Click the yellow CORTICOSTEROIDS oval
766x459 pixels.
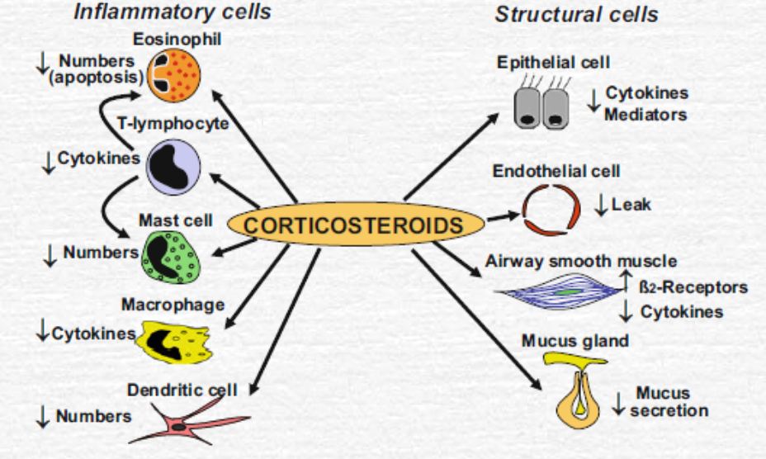(x=354, y=225)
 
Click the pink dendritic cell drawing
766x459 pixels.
(x=186, y=422)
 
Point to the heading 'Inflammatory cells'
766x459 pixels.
(x=172, y=12)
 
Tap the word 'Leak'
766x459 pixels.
(x=631, y=203)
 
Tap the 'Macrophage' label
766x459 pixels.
(x=173, y=304)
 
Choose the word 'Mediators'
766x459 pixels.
(x=645, y=115)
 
